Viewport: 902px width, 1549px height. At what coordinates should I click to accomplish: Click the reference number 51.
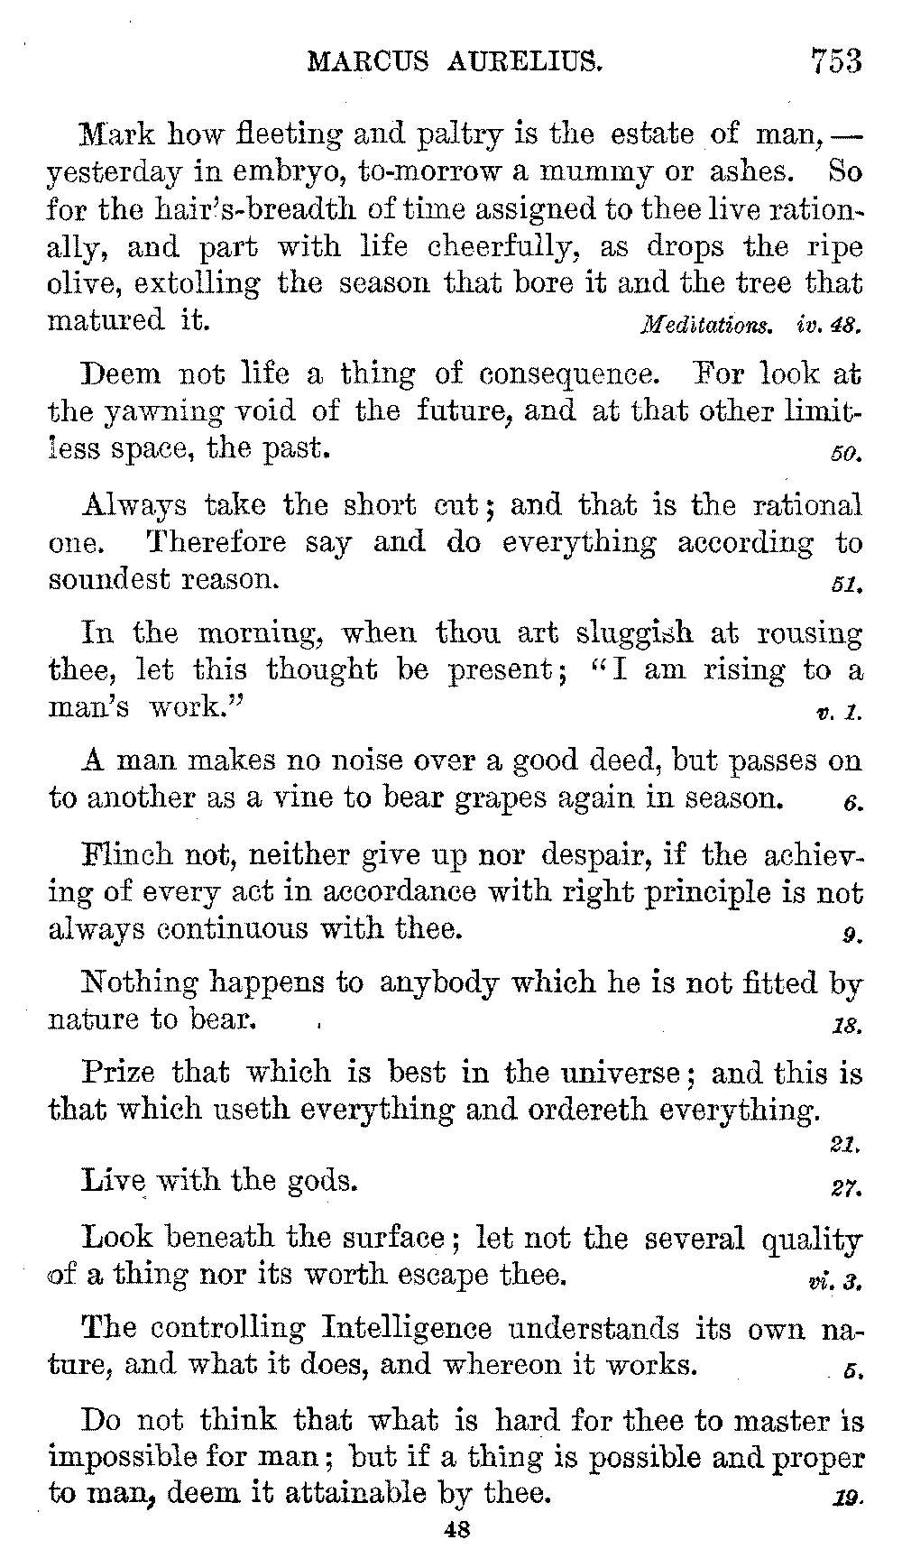point(848,585)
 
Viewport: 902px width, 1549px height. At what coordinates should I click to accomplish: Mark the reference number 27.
point(848,1188)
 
